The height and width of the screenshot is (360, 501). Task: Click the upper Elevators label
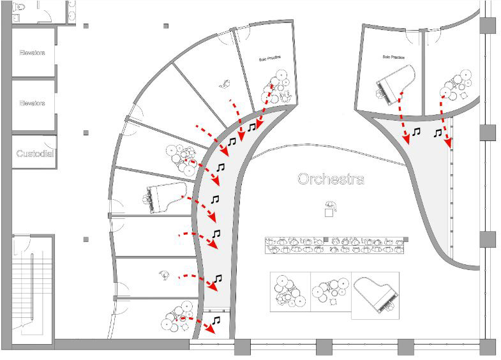pos(32,53)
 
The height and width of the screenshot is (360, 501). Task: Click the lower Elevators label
pos(32,103)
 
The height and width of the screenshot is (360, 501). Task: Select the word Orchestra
pos(331,179)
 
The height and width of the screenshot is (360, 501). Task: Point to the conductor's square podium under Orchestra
pos(329,213)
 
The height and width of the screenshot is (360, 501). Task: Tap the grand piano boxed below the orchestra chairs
pos(377,296)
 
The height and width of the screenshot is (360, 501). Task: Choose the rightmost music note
pos(438,133)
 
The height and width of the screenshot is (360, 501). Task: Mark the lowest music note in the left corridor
pos(216,320)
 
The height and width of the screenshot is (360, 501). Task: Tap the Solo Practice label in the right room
pos(394,57)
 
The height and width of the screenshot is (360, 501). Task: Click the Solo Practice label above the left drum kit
pos(269,59)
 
